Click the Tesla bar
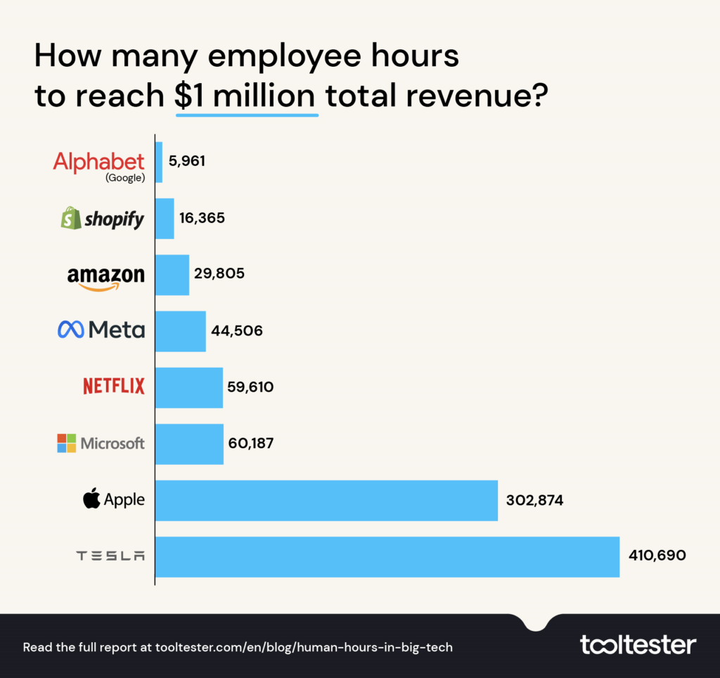387,556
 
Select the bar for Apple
326,500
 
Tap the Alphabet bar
159,162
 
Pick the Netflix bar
189,387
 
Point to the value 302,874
534,500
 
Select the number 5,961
187,162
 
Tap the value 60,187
251,444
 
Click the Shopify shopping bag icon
70,218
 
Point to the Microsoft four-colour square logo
67,443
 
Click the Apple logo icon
91,499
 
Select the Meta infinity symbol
70,330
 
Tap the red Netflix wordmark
113,386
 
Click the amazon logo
105,277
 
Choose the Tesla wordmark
110,556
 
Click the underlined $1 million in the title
246,96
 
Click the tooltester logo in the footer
638,644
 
